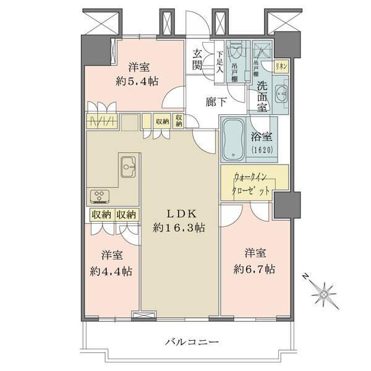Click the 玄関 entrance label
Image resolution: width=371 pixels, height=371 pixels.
click(198, 59)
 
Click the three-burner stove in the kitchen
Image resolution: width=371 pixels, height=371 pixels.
click(100, 197)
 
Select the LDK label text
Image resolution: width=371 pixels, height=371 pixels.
click(180, 215)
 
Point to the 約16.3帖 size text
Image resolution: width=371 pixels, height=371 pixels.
click(179, 228)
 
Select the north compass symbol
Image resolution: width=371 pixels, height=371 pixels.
click(323, 289)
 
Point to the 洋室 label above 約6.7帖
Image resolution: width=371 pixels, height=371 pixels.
click(255, 254)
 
